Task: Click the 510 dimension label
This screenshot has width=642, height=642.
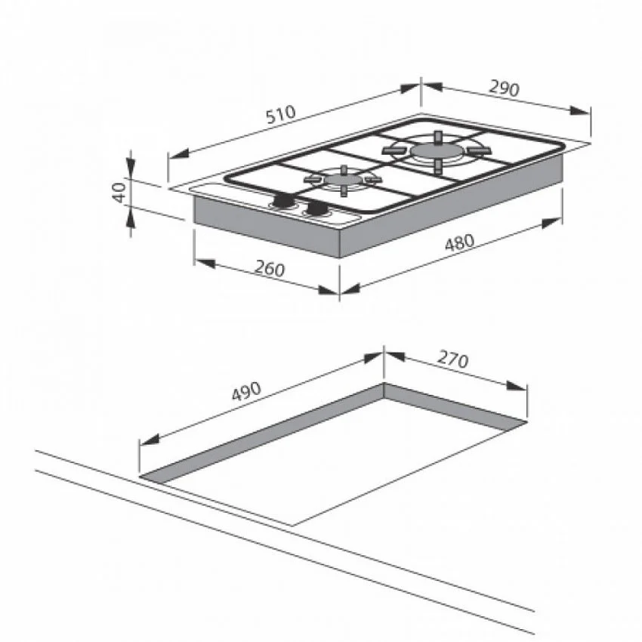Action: tap(280, 114)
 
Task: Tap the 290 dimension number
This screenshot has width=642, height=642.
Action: tap(504, 88)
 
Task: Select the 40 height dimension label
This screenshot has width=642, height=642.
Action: tap(119, 192)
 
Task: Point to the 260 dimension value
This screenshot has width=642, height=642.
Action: tap(270, 269)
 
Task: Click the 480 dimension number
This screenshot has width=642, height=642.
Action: tap(459, 242)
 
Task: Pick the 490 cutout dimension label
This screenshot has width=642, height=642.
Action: tap(246, 391)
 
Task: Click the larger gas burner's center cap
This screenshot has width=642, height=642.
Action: tap(437, 150)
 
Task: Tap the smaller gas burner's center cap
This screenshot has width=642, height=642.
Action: tap(343, 179)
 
